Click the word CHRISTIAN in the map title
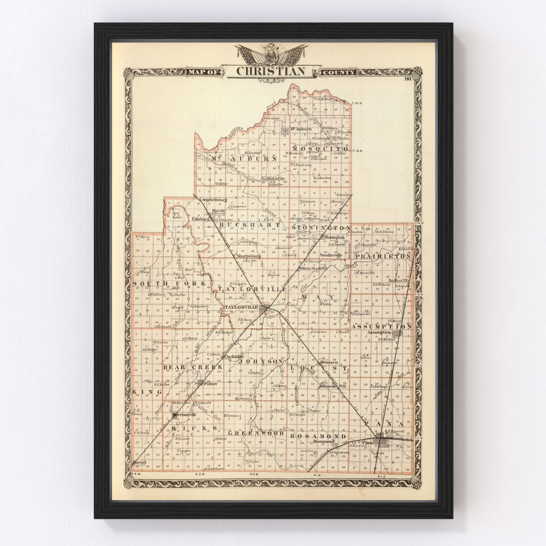pyautogui.click(x=271, y=71)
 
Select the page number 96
pyautogui.click(x=407, y=78)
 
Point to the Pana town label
pyautogui.click(x=367, y=442)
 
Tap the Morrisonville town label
pyautogui.click(x=184, y=415)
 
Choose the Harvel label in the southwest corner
pyautogui.click(x=139, y=463)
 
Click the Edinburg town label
pyautogui.click(x=201, y=219)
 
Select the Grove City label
pyautogui.click(x=276, y=178)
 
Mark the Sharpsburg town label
pyautogui.click(x=248, y=256)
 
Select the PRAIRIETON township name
pyautogui.click(x=383, y=257)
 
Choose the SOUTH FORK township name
pyautogui.click(x=169, y=284)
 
